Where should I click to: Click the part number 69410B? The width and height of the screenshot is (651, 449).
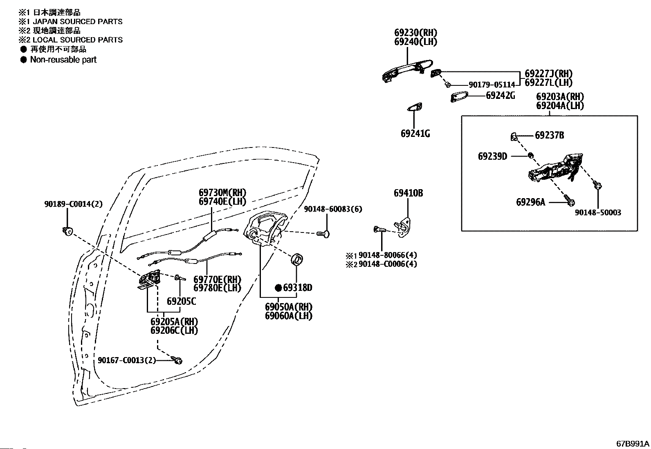tap(409, 193)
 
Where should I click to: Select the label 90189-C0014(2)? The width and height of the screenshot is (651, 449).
tap(74, 204)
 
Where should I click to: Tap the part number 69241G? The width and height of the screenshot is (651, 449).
tap(415, 134)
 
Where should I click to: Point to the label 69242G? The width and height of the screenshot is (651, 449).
tap(501, 96)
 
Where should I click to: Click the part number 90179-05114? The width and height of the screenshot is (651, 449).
tap(492, 85)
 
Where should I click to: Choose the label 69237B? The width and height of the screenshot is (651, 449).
tap(550, 135)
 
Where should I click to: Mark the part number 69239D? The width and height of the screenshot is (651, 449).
tap(493, 156)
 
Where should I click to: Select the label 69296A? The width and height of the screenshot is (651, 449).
tap(531, 202)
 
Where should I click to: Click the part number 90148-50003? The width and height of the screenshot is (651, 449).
tap(598, 212)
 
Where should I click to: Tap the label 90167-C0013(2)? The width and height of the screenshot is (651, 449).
tap(127, 360)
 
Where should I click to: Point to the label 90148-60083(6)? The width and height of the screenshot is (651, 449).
tap(333, 209)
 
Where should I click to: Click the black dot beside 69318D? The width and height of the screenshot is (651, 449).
tap(278, 288)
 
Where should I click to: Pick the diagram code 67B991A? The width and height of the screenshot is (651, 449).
tap(633, 444)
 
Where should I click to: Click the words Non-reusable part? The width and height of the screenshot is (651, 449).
tap(63, 60)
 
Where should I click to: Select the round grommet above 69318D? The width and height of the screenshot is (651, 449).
tap(297, 259)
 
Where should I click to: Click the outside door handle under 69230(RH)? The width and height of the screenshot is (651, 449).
tap(407, 71)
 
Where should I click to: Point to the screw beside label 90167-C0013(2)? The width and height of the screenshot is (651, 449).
tap(177, 360)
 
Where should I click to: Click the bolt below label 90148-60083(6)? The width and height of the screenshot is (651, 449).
tap(323, 234)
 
